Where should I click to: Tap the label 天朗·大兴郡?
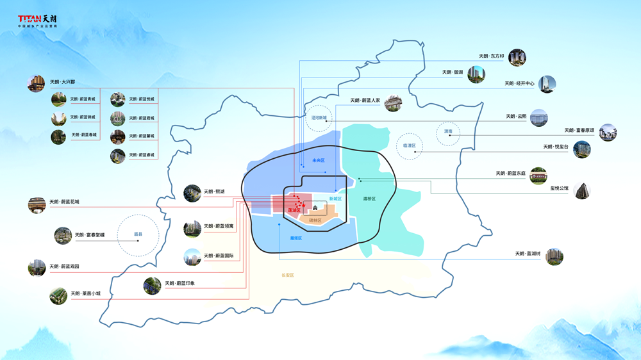(62, 83)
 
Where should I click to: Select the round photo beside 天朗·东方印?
(517, 57)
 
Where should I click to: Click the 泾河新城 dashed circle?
(319, 119)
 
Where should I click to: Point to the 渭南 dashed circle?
(448, 133)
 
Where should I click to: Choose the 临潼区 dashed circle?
(410, 146)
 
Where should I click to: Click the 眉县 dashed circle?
(138, 234)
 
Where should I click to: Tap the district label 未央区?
(319, 160)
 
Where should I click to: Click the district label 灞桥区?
(369, 199)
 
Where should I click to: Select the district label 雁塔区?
(296, 238)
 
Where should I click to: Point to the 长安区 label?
(287, 275)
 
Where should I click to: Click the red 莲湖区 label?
(294, 210)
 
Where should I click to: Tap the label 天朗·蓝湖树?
(528, 254)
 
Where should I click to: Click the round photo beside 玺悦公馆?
(582, 190)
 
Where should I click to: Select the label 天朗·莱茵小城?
(85, 294)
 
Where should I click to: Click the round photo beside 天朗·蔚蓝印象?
(153, 285)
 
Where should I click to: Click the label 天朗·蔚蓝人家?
(365, 101)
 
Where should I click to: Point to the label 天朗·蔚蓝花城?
(64, 202)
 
